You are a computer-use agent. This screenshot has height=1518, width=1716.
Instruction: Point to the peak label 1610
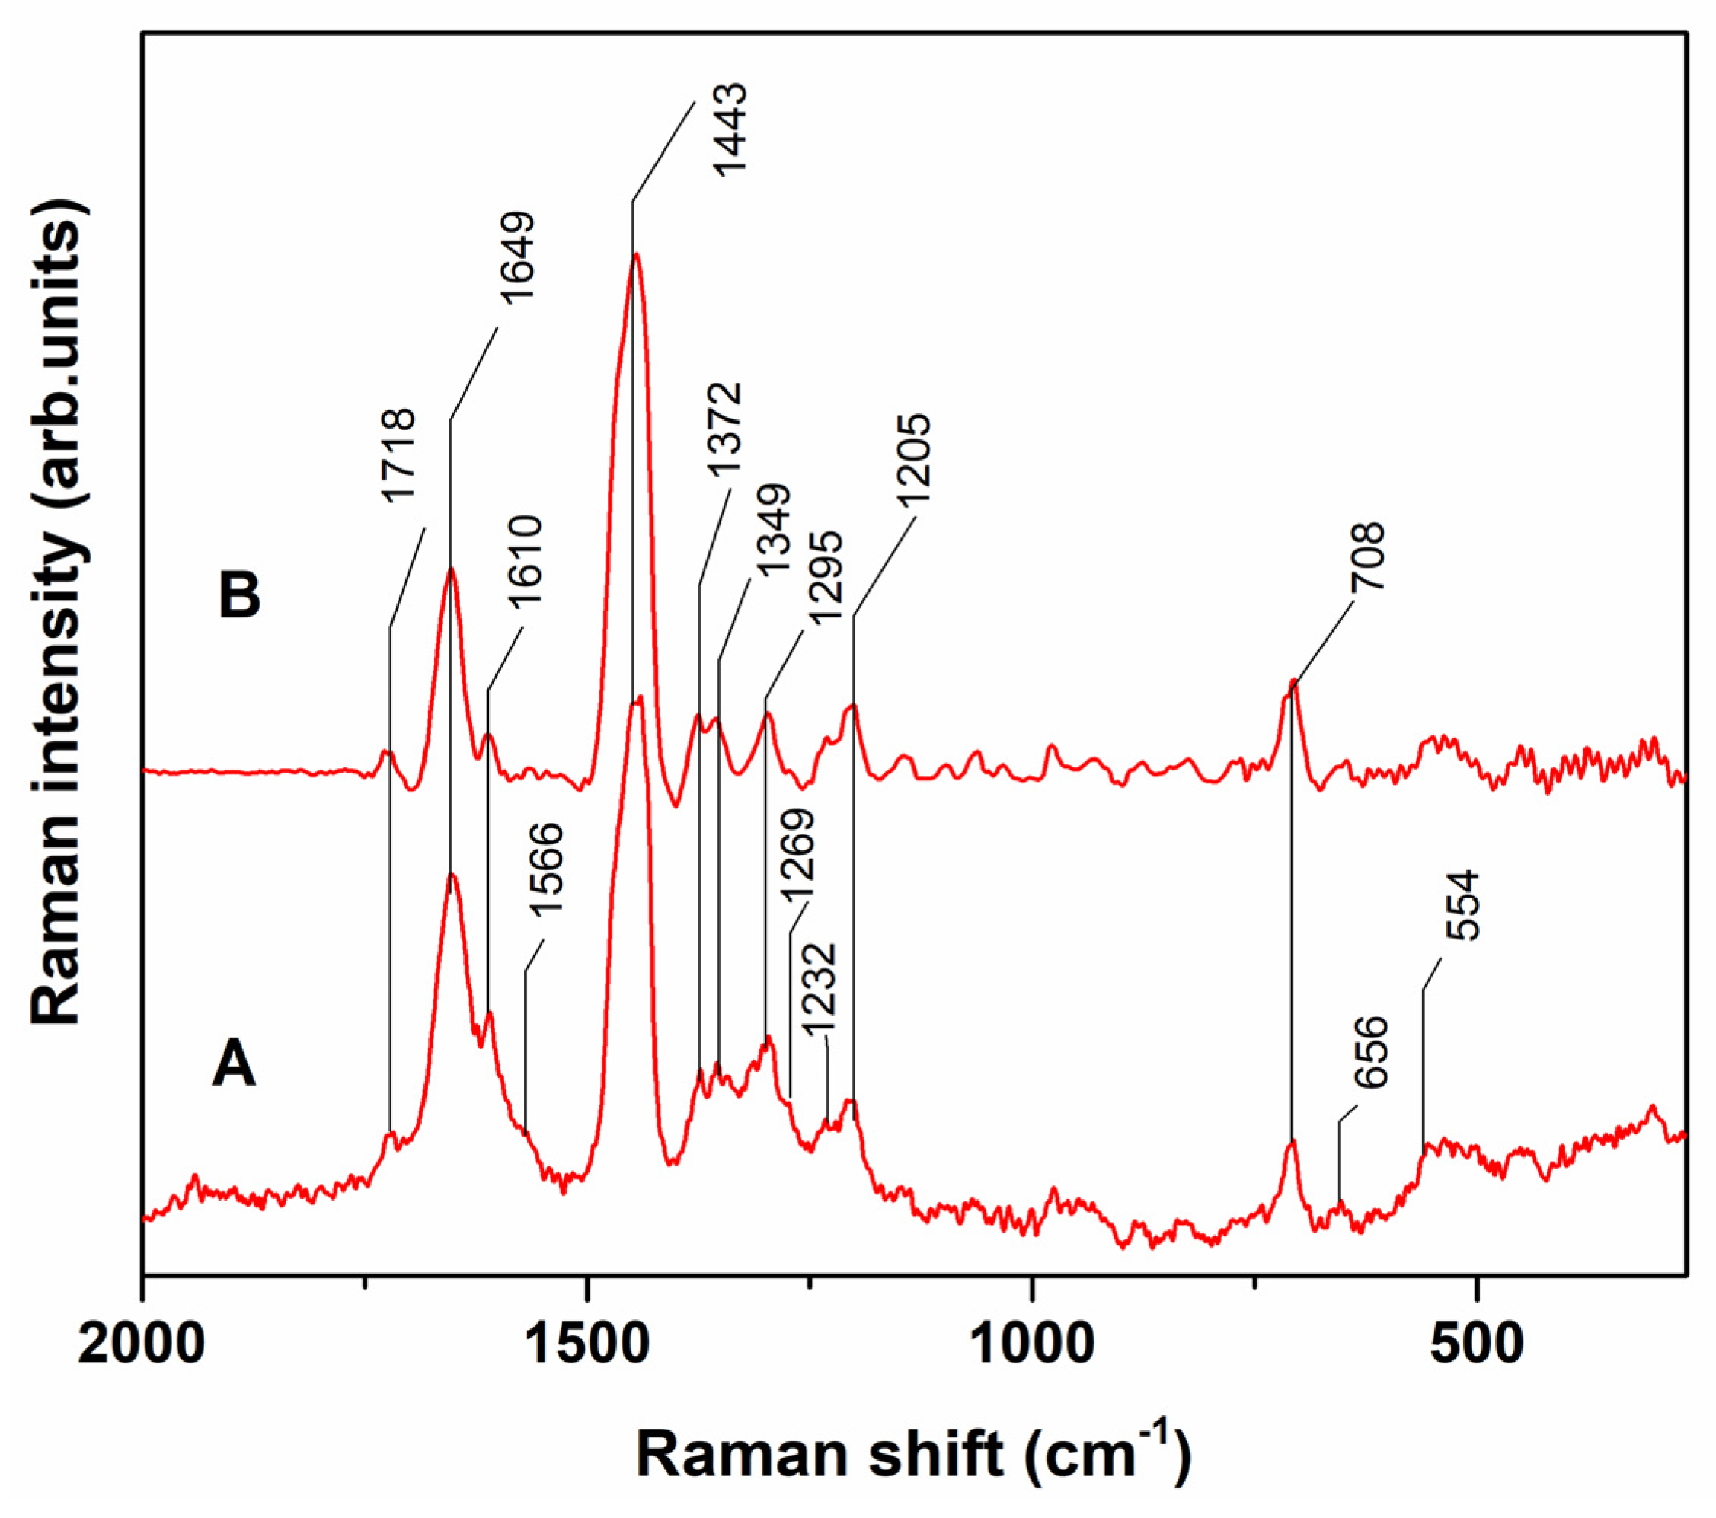[528, 560]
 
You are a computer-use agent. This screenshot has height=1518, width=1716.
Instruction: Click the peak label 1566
[547, 868]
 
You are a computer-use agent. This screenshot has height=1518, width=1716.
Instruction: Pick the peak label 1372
[724, 429]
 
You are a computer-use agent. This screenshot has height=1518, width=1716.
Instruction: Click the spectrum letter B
[239, 597]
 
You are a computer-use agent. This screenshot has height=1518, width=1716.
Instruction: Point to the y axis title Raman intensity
[57, 613]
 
